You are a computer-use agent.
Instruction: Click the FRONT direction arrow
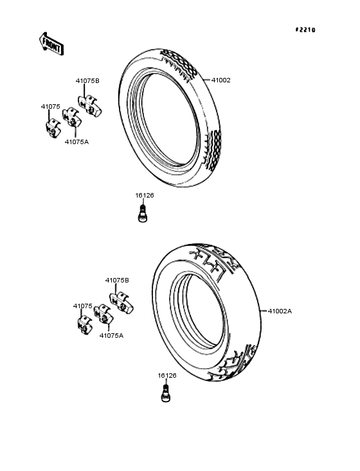point(51,44)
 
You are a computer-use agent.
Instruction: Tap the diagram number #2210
point(305,30)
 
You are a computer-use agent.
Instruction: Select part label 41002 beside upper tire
point(221,80)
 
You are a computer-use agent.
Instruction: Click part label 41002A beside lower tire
point(280,311)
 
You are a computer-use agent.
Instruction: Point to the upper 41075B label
point(87,81)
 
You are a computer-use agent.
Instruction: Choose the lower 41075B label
point(117,281)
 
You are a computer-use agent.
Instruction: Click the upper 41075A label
point(76,142)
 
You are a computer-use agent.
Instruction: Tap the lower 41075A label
point(111,335)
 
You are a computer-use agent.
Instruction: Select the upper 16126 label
point(144,196)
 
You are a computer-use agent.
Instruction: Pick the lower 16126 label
point(167,376)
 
